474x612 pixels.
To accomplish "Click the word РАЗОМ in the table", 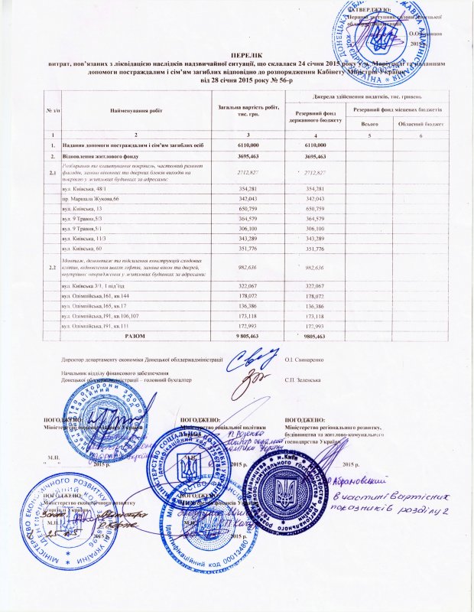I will pyautogui.click(x=135, y=334).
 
